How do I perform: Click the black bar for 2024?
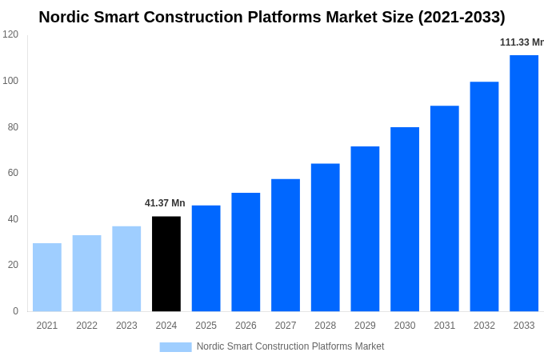(166, 263)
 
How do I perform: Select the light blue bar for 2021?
(47, 277)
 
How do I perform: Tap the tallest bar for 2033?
(524, 183)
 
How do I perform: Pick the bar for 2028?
(325, 237)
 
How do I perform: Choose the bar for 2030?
(405, 219)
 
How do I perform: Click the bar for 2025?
(206, 258)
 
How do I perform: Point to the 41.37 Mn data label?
(165, 203)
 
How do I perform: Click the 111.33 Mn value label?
(522, 42)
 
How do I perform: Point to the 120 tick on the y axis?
(10, 34)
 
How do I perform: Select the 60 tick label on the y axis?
(13, 173)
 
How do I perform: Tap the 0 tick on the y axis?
(15, 311)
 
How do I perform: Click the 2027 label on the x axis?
(286, 326)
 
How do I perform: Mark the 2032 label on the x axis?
(484, 326)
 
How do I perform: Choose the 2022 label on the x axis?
(86, 326)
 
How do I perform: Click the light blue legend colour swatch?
(175, 347)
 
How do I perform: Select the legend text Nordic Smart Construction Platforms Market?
(290, 346)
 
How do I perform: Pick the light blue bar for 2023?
(126, 269)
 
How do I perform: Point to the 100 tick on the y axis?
(10, 81)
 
